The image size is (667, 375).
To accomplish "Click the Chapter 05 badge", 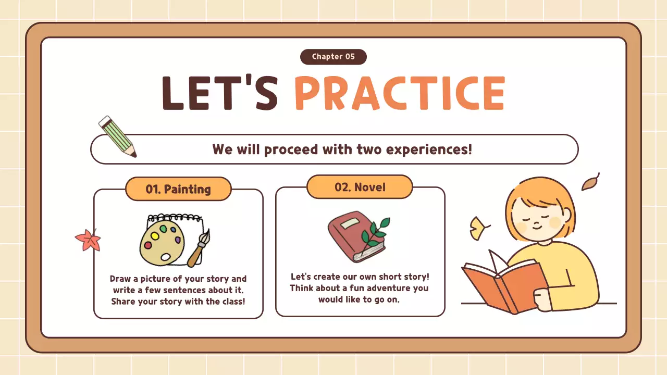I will pyautogui.click(x=333, y=57).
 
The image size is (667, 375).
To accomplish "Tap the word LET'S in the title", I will pyautogui.click(x=219, y=94).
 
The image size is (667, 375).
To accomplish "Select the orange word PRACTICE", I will pyautogui.click(x=400, y=94).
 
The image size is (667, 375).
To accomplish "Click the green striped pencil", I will pyautogui.click(x=117, y=136).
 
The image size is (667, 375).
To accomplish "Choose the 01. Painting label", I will pyautogui.click(x=178, y=189).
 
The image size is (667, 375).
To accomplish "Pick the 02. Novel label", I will pyautogui.click(x=360, y=187).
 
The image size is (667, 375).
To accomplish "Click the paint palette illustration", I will pyautogui.click(x=162, y=243).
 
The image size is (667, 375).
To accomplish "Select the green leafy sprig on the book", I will pyautogui.click(x=375, y=232).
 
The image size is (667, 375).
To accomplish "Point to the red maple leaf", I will pyautogui.click(x=87, y=240).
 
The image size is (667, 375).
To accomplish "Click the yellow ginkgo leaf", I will pyautogui.click(x=478, y=227).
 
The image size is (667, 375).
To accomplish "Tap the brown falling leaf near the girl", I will pyautogui.click(x=590, y=182).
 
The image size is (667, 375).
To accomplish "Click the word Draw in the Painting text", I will pyautogui.click(x=120, y=279).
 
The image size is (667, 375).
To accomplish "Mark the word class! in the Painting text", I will pyautogui.click(x=232, y=302).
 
